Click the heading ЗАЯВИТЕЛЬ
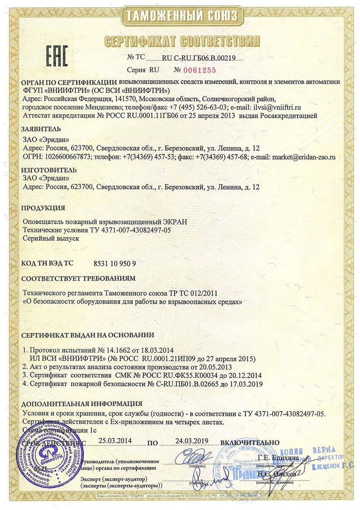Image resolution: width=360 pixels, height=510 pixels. point(41,129)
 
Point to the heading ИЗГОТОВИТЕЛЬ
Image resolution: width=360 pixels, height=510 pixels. point(49,170)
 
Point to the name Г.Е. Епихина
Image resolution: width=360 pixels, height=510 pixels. point(278,458)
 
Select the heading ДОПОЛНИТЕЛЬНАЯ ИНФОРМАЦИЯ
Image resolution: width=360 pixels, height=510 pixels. point(81,404)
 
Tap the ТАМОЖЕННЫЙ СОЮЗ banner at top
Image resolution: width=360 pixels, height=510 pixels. point(181,17)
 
